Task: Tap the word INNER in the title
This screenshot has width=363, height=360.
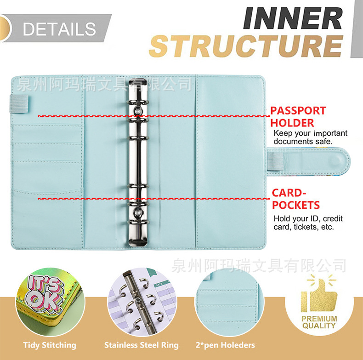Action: pos(292,18)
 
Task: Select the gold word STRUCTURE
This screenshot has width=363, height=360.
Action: pos(246,46)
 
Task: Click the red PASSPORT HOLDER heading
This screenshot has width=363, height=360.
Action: pos(297,116)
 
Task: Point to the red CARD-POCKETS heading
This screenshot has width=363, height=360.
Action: pos(295,199)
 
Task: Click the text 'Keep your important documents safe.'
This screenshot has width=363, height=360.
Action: pos(310,137)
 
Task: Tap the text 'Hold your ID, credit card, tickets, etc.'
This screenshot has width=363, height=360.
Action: pos(308,223)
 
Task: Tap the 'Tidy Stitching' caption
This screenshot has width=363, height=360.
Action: pos(50,345)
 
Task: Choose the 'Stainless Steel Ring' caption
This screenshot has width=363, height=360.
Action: pos(141,345)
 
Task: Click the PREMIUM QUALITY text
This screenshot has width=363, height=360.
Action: pos(319,322)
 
